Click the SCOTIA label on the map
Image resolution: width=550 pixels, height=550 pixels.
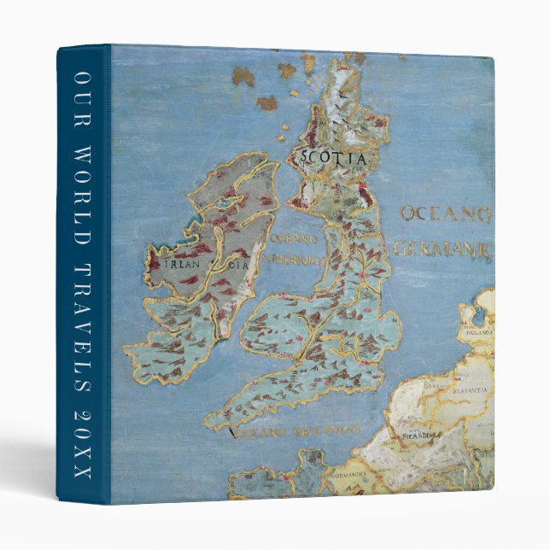coord(333,159)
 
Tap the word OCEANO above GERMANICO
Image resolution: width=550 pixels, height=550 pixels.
coord(446,214)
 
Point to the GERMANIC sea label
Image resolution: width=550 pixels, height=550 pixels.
coord(443,249)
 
